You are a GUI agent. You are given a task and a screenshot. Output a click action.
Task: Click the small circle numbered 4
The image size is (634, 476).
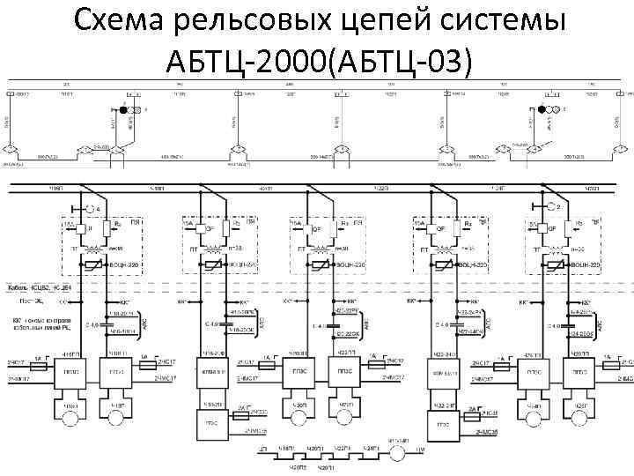[x=87, y=209]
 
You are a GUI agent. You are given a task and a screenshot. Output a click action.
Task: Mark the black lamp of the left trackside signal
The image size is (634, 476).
[x=124, y=109]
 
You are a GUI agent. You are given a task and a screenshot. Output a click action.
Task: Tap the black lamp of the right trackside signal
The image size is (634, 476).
[x=542, y=109]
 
